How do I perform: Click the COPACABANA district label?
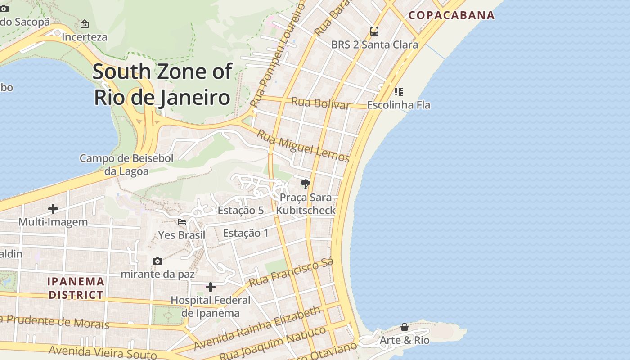[x=451, y=15]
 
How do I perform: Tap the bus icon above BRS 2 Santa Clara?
[x=374, y=31]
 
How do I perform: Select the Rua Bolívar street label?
[x=320, y=103]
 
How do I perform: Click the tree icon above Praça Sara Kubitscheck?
[x=306, y=184]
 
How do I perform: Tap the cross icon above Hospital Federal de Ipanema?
[x=210, y=287]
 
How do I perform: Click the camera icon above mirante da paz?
[x=157, y=261]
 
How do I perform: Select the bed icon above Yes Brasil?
[x=182, y=221]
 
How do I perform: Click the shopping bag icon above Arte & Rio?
[x=405, y=327]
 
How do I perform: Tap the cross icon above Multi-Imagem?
[x=53, y=209]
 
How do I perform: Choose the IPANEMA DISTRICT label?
[x=76, y=288]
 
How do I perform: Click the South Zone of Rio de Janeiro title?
[x=162, y=85]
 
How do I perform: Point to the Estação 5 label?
[x=240, y=210]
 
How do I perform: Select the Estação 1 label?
[x=246, y=233]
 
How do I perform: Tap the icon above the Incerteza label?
[x=84, y=24]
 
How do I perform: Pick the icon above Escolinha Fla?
[x=398, y=92]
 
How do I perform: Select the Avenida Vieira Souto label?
[x=103, y=351]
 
